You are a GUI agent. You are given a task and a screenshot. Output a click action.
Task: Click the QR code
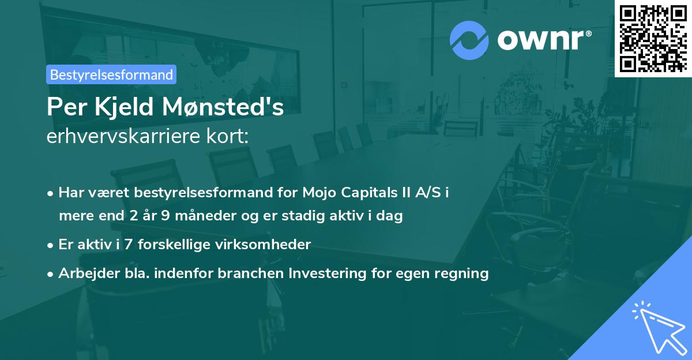653,38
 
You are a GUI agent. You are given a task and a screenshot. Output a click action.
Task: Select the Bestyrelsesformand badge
111,74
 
